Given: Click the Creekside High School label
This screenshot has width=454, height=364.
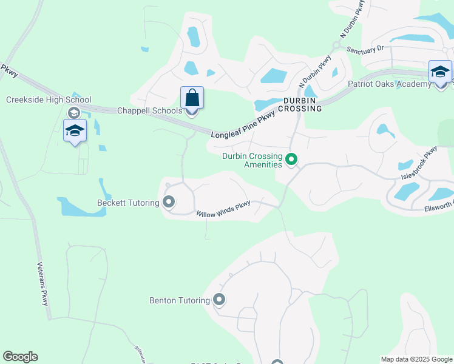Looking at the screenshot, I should click(49, 100).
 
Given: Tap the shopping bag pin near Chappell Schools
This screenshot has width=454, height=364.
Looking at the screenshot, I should click(192, 98).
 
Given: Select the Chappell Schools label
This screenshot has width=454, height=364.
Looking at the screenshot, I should click(149, 110).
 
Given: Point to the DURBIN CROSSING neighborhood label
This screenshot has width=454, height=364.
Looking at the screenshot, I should click(302, 104).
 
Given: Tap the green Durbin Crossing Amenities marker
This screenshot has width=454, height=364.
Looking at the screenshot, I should click(291, 160).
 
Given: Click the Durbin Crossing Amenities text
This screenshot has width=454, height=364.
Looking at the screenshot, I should click(252, 160).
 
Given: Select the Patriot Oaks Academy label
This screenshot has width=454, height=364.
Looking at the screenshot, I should click(389, 84).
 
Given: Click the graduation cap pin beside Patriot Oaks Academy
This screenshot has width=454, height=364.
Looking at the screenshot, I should click(440, 72).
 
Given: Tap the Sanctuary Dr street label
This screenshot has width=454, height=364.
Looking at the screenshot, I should click(365, 48).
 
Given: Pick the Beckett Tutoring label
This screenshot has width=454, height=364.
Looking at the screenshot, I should click(127, 203).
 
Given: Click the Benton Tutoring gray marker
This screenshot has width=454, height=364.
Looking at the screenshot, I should click(219, 300).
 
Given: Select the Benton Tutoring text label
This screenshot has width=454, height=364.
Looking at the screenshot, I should click(180, 300).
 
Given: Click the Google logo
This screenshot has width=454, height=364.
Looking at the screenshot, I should click(20, 357).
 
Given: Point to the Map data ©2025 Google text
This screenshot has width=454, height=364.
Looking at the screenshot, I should click(416, 359).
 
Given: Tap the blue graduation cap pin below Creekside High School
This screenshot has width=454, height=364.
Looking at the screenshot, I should click(75, 130).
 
